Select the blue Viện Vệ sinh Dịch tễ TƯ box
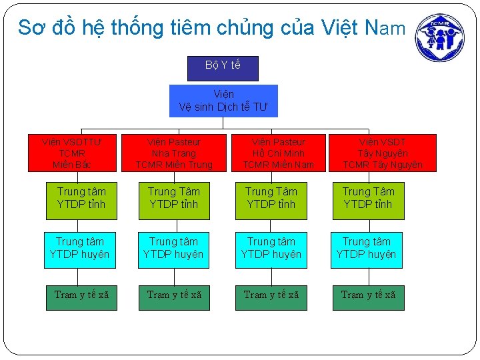point(223,101)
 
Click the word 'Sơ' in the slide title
point(29,28)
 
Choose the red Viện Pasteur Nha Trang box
point(174,153)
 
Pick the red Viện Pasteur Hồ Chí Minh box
point(278,153)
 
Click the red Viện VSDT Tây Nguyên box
point(383,153)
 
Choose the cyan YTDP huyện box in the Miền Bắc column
point(80,249)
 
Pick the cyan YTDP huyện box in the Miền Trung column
point(173,249)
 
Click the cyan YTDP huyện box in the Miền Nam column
point(271,249)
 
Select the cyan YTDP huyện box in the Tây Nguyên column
point(366,249)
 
